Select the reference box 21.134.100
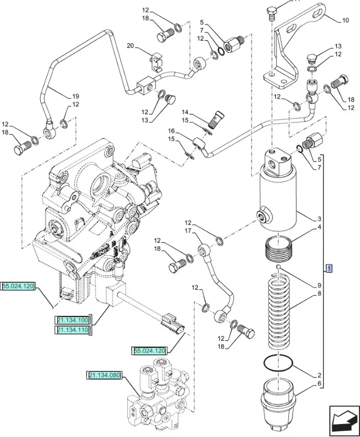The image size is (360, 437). [x=73, y=320]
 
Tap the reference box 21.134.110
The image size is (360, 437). [x=73, y=330]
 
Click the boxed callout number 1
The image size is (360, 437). [x=329, y=269]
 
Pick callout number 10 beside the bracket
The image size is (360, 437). [x=345, y=21]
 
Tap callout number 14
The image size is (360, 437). [x=185, y=112]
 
